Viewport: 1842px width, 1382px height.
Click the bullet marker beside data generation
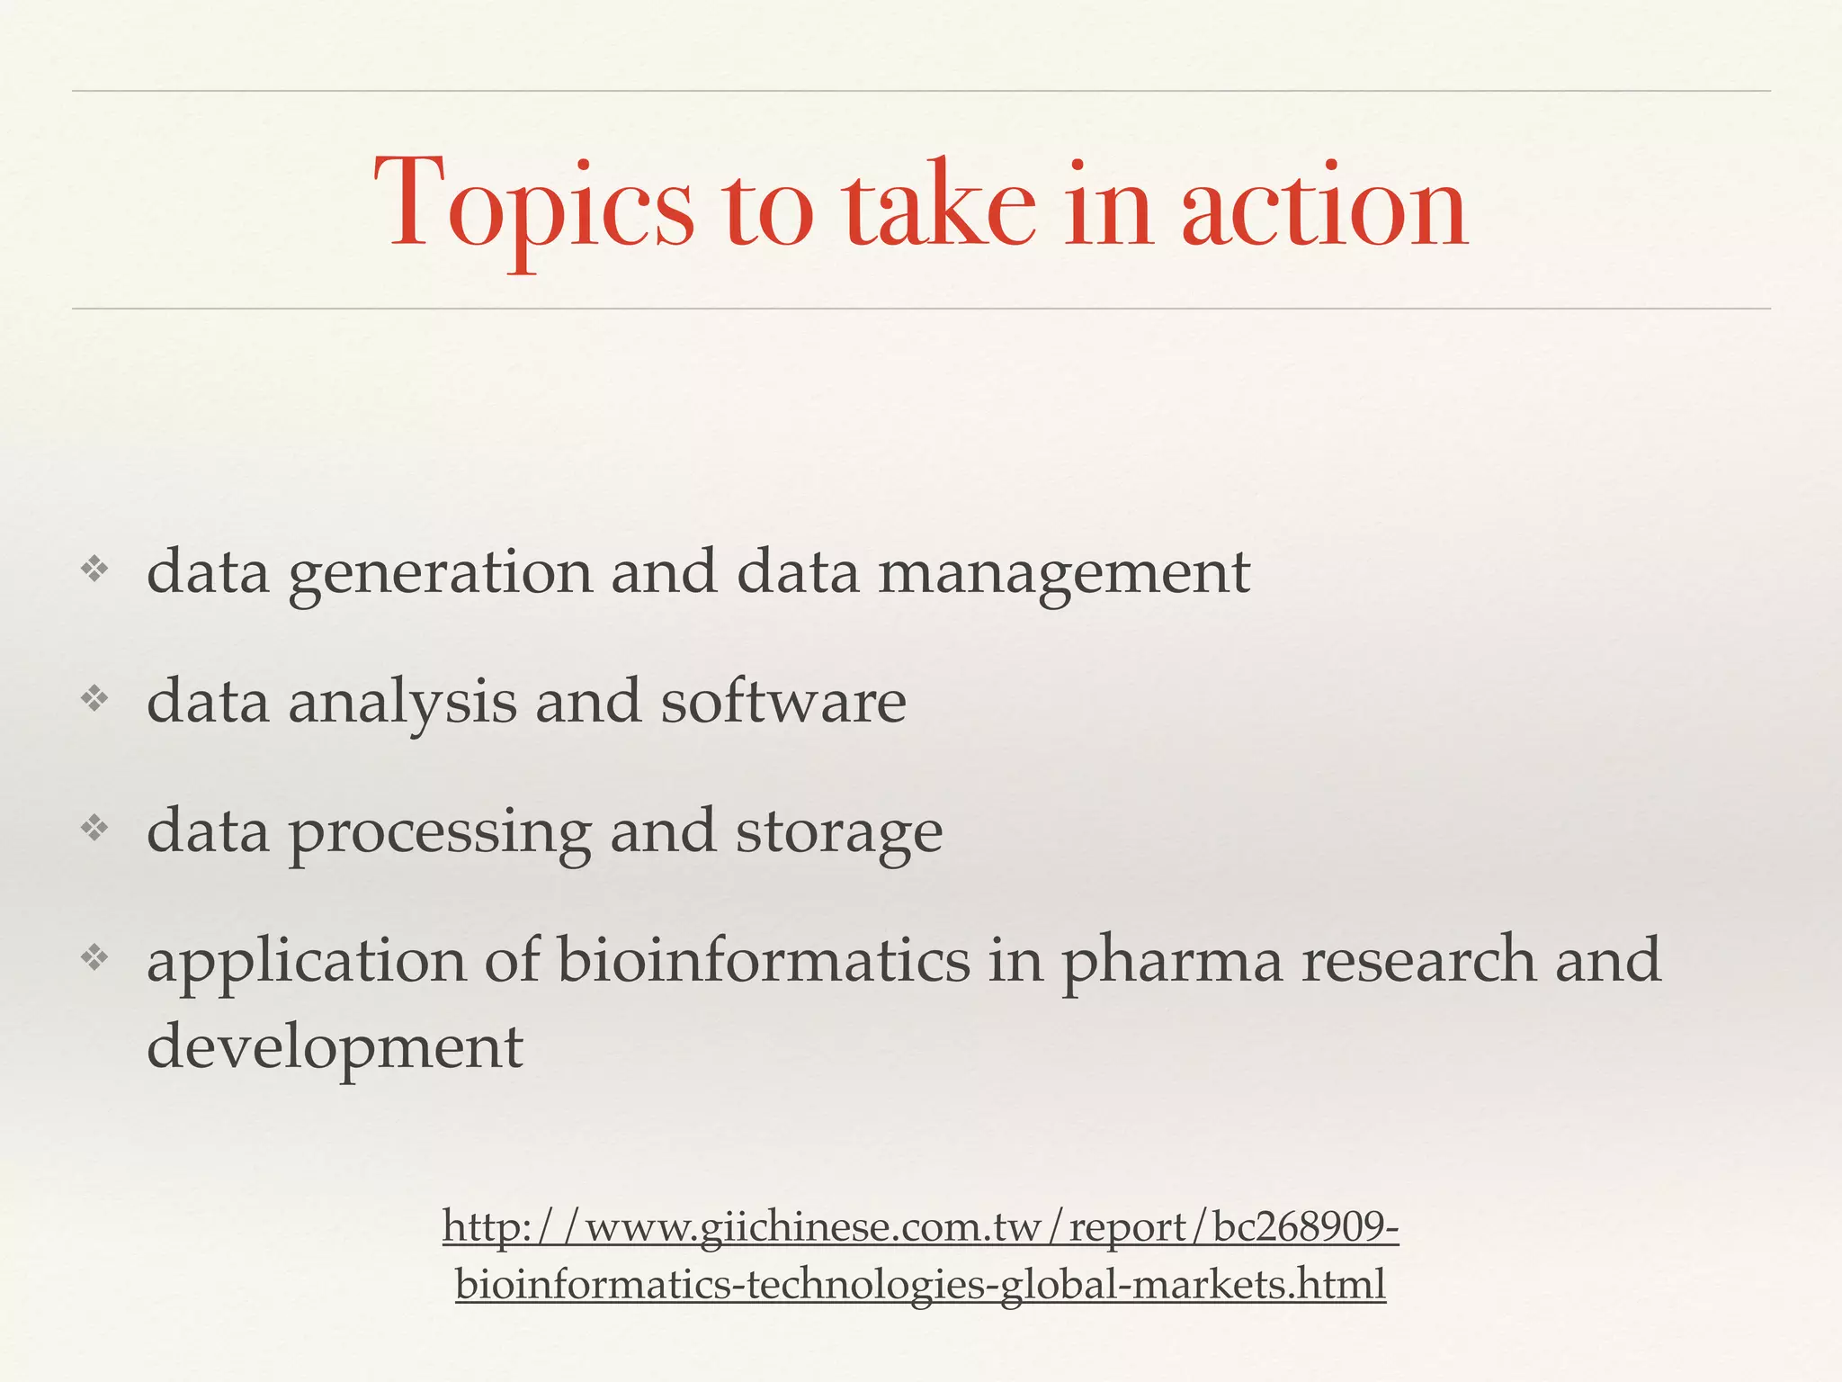tap(94, 569)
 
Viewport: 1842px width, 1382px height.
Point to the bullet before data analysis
tap(94, 698)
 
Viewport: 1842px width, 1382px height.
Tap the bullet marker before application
tap(94, 957)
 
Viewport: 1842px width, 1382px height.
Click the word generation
tap(440, 574)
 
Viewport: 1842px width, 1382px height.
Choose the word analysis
tap(402, 702)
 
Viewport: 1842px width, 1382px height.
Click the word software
tap(783, 702)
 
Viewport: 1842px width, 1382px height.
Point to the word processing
tap(440, 833)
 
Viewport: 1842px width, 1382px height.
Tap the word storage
tap(839, 833)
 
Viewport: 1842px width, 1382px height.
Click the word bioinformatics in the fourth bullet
tap(764, 959)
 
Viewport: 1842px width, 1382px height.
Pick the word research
tap(1419, 959)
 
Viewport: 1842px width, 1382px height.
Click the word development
tap(335, 1047)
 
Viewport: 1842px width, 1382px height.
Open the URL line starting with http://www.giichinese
tap(920, 1227)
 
